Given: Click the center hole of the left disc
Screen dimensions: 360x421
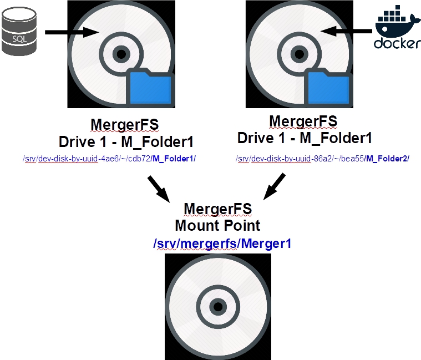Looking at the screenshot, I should click(x=120, y=54).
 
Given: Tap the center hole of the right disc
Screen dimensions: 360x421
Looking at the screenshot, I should click(x=299, y=54).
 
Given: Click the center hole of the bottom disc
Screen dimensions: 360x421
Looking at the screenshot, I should click(x=218, y=307).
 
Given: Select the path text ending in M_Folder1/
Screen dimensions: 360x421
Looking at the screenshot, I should click(x=109, y=159).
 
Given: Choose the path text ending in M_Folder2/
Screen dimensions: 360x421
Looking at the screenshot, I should click(x=322, y=159).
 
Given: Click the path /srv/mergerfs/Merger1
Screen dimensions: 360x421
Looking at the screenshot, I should click(x=222, y=243).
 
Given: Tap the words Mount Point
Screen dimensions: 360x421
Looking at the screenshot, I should click(x=217, y=226).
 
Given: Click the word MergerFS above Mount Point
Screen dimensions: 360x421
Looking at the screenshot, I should click(x=217, y=209).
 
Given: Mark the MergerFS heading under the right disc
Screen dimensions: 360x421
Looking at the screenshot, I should click(x=303, y=121).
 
